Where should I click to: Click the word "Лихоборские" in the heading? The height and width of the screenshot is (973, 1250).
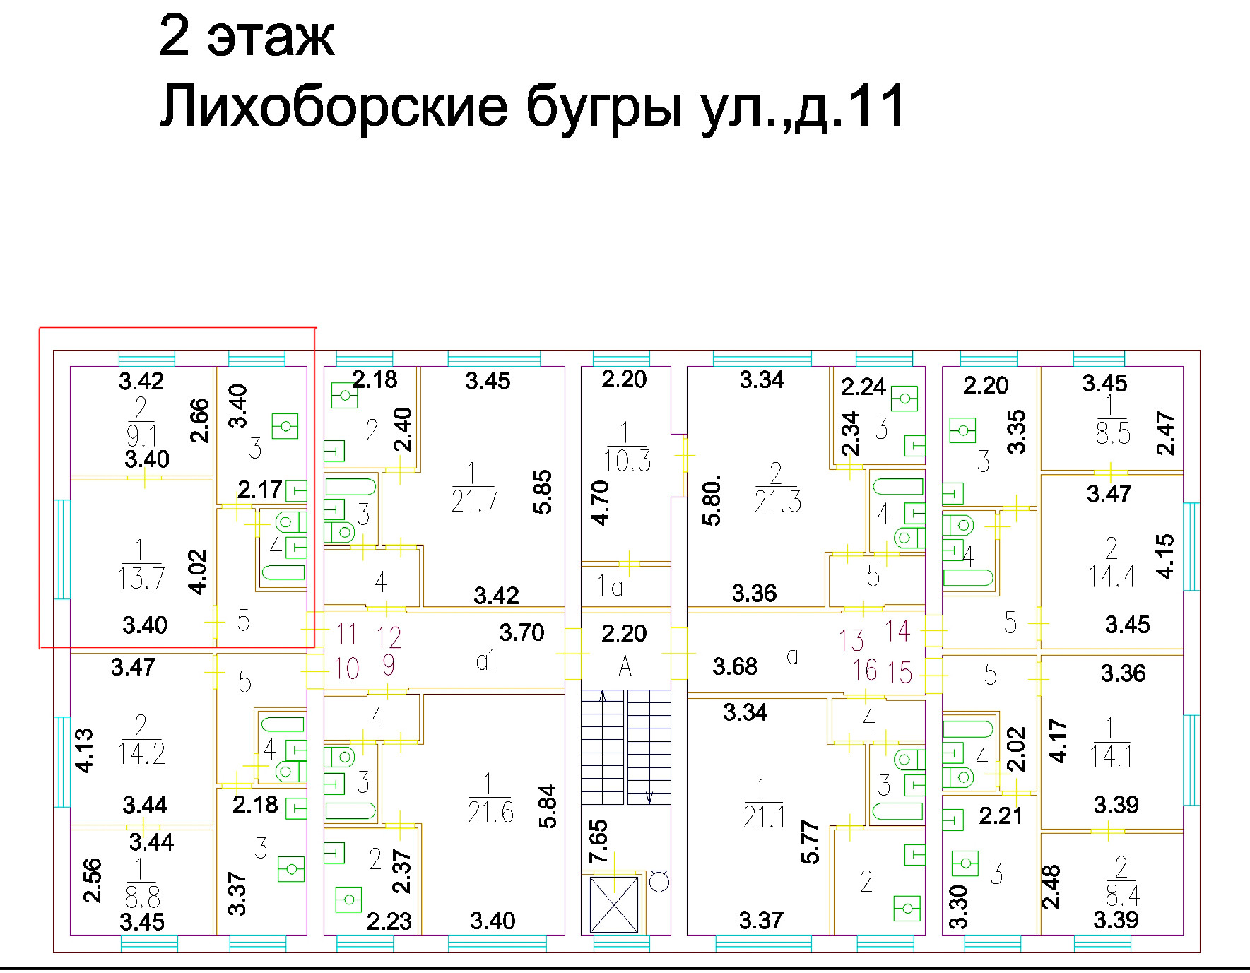pyautogui.click(x=334, y=106)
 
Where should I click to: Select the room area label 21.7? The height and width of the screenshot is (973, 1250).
pyautogui.click(x=474, y=501)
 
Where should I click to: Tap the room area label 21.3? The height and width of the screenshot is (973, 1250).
pyautogui.click(x=777, y=501)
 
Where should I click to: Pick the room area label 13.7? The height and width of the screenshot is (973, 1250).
pyautogui.click(x=141, y=578)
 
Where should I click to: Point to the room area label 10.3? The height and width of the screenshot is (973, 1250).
pyautogui.click(x=627, y=460)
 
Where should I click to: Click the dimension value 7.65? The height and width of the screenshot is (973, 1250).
pyautogui.click(x=599, y=841)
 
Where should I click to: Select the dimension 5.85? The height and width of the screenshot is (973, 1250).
pyautogui.click(x=543, y=493)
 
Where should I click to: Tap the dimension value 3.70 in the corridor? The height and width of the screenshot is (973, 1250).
pyautogui.click(x=521, y=632)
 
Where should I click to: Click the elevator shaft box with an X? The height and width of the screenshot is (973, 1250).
pyautogui.click(x=613, y=904)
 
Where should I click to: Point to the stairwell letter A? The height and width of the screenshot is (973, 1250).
pyautogui.click(x=625, y=666)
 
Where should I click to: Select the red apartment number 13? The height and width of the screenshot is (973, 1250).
pyautogui.click(x=851, y=640)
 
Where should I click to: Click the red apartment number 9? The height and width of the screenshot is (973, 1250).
pyautogui.click(x=388, y=665)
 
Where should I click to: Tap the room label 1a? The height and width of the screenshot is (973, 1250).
pyautogui.click(x=609, y=586)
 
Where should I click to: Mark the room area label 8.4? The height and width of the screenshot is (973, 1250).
pyautogui.click(x=1123, y=896)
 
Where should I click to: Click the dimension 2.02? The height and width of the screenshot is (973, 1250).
pyautogui.click(x=1015, y=749)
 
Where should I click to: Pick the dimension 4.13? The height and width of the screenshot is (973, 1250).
pyautogui.click(x=84, y=750)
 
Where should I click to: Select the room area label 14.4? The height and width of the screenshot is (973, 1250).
pyautogui.click(x=1112, y=577)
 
